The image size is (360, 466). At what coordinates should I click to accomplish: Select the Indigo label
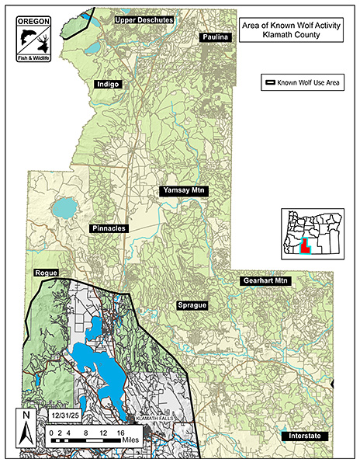(x=109, y=85)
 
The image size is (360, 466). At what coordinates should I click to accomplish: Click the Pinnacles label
(x=108, y=229)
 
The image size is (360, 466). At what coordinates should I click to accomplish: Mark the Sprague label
(x=192, y=305)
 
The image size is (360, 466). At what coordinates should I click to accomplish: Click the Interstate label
(x=305, y=436)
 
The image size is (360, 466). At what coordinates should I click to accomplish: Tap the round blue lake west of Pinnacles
(x=64, y=207)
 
